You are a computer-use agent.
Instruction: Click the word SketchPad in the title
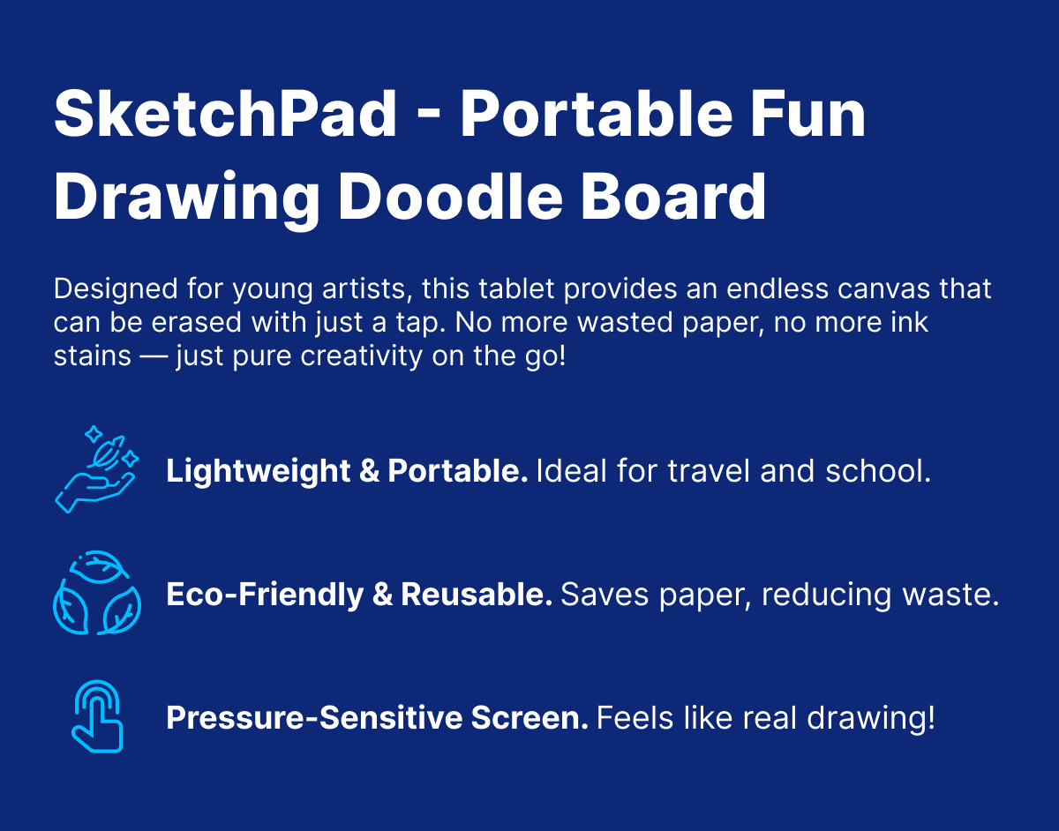point(225,114)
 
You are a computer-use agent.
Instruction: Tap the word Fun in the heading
point(807,114)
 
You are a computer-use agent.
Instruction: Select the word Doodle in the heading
point(450,197)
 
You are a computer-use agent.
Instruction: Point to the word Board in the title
point(673,197)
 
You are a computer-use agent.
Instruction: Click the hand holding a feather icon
point(96,469)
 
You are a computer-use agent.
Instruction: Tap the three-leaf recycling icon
point(96,593)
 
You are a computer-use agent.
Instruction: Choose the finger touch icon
point(96,716)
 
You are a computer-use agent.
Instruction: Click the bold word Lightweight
point(258,471)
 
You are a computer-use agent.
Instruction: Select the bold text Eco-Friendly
point(265,595)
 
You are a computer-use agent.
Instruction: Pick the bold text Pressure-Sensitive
point(314,718)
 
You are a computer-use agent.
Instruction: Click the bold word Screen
point(529,718)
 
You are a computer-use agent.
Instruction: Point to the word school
point(878,471)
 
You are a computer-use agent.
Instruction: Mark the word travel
point(708,471)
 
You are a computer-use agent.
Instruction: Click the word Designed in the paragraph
point(116,289)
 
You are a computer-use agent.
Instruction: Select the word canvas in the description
point(884,288)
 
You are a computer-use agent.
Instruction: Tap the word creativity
point(361,356)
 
